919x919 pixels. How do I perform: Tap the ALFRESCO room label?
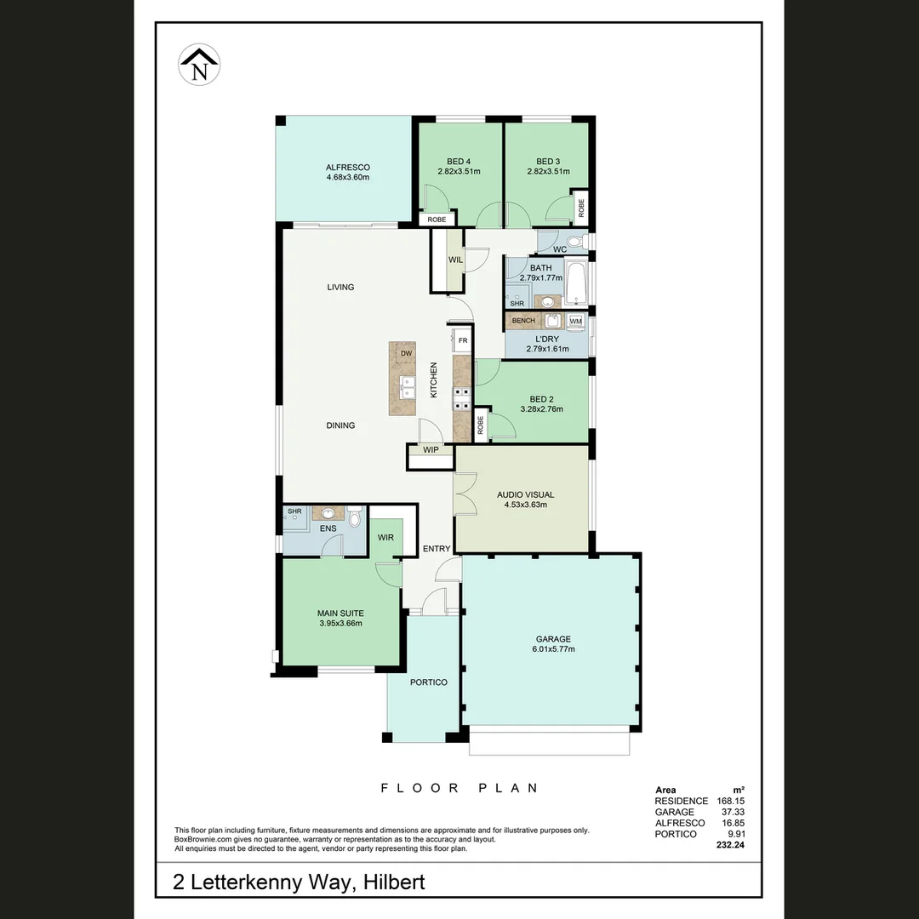point(348,167)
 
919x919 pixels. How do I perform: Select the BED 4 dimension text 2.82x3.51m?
point(459,172)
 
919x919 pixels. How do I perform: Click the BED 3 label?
point(548,162)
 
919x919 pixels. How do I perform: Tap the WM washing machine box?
point(576,321)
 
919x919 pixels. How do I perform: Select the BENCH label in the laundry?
point(523,321)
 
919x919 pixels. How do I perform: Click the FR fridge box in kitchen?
point(463,340)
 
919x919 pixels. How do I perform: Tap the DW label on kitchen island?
point(407,352)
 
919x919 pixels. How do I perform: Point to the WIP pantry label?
point(431,450)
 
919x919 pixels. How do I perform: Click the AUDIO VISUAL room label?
point(525,494)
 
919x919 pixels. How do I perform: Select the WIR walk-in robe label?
point(385,537)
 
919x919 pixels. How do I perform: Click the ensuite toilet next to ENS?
point(355,515)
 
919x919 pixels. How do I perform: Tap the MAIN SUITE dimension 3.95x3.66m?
point(340,623)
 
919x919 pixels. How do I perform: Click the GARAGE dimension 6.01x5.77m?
point(553,649)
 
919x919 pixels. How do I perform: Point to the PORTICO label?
point(429,682)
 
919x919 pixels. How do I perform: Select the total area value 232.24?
point(728,847)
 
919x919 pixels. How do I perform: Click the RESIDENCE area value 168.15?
point(728,802)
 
